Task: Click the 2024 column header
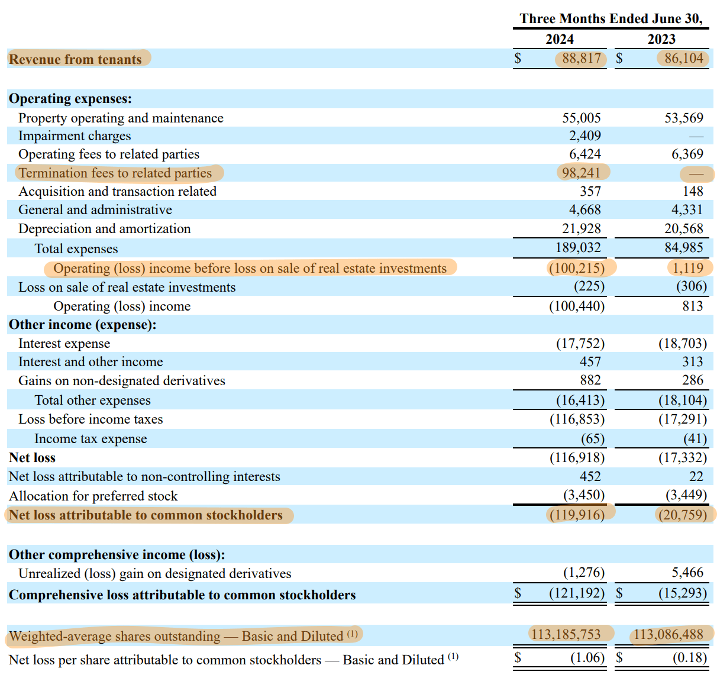point(559,39)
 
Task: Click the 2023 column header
point(661,39)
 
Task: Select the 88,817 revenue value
point(581,59)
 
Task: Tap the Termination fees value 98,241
point(581,173)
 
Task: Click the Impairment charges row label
point(75,136)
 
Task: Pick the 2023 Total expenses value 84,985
point(683,248)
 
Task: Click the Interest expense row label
point(64,344)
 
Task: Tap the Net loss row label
point(32,458)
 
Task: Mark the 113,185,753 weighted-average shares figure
point(566,635)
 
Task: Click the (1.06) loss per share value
point(587,658)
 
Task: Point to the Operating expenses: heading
point(70,99)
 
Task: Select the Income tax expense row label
point(91,439)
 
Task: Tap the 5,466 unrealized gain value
point(687,573)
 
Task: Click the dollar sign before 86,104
point(619,59)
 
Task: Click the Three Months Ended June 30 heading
point(611,19)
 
